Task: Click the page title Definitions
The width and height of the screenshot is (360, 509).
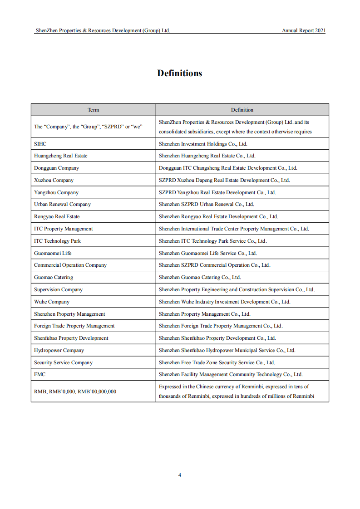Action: coord(180,73)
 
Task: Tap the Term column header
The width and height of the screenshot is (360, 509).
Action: coord(93,110)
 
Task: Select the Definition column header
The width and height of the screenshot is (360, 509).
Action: coord(242,110)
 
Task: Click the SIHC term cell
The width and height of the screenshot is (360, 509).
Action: coord(40,144)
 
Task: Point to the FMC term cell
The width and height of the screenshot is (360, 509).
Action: coord(40,374)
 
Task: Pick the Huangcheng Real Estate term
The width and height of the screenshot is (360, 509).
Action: coord(61,156)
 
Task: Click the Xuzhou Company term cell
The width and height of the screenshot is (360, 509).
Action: coord(54,180)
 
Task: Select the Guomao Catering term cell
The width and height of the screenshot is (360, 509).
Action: coord(54,277)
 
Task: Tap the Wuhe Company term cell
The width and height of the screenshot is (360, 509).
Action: coord(52,302)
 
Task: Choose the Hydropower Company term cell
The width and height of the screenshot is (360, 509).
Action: coord(59,350)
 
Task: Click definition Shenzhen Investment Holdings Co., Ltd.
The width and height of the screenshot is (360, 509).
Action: coord(203,144)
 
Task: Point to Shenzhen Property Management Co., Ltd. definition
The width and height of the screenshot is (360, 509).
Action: coord(204,314)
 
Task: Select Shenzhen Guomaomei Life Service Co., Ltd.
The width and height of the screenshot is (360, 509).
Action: coord(207,253)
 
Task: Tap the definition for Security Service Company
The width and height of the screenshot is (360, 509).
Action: coord(217,362)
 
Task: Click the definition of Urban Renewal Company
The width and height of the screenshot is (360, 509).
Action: coord(207,204)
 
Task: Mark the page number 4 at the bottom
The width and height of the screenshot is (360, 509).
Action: coord(180,475)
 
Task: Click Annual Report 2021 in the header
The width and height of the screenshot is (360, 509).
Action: coord(304,31)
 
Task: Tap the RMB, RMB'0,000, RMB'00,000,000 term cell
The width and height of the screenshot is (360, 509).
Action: coord(75,391)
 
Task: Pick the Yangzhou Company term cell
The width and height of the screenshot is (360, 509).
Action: coord(56,192)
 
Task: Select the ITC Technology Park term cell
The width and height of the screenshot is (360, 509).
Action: coord(57,241)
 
